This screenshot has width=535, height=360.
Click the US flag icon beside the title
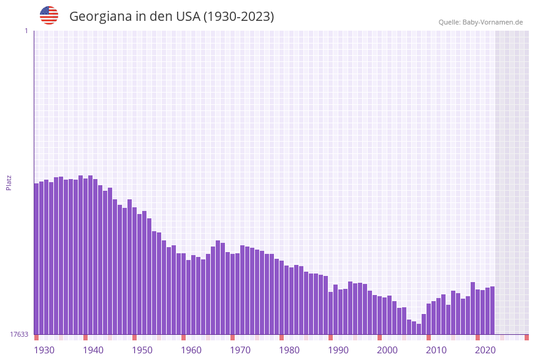point(49,15)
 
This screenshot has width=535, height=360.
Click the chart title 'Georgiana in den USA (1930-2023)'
point(172,17)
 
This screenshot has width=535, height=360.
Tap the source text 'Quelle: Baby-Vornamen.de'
point(480,22)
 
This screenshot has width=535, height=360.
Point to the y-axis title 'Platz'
point(9,182)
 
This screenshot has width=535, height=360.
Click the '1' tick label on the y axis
point(26,31)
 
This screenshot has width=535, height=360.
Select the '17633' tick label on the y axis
point(19,334)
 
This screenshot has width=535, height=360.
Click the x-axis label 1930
point(44,350)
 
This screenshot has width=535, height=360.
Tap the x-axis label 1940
point(93,350)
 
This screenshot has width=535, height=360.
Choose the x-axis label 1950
point(142,350)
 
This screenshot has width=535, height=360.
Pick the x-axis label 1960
point(191,350)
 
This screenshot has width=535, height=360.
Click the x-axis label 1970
point(240,350)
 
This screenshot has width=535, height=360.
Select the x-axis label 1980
point(289,350)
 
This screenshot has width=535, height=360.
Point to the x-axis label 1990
point(338,350)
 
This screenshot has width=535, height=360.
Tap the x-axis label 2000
point(387,350)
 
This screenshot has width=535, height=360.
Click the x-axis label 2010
point(436,350)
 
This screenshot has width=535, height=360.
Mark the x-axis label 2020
point(485,350)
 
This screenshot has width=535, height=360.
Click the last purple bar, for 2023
point(492,310)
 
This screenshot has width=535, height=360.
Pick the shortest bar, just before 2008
point(419,329)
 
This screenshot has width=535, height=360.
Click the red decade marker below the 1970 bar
point(232,337)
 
